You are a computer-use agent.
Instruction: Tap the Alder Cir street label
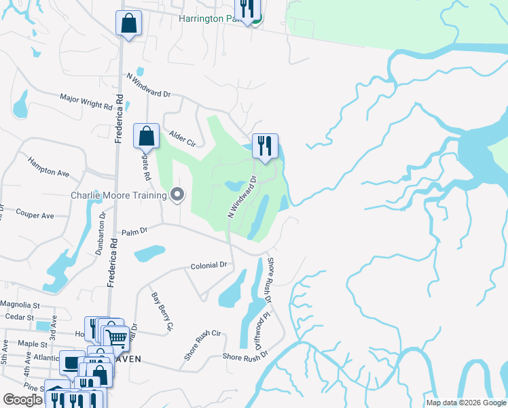pos(182,139)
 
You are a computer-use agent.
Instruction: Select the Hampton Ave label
pos(48,168)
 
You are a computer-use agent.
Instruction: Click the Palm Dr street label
pos(134,232)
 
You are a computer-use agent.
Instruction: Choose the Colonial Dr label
pos(208,265)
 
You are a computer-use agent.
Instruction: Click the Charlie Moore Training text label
pos(119,196)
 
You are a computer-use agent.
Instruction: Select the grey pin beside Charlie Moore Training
pos(178,195)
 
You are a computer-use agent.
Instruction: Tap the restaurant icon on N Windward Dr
pos(265,145)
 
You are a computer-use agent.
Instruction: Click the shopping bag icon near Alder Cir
pos(146,136)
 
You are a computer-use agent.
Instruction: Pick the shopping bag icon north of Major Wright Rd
pos(128,23)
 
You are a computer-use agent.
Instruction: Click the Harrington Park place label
pos(210,18)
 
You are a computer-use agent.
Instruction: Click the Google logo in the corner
pos(23,400)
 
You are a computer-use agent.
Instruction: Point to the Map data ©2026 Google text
pos(465,403)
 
